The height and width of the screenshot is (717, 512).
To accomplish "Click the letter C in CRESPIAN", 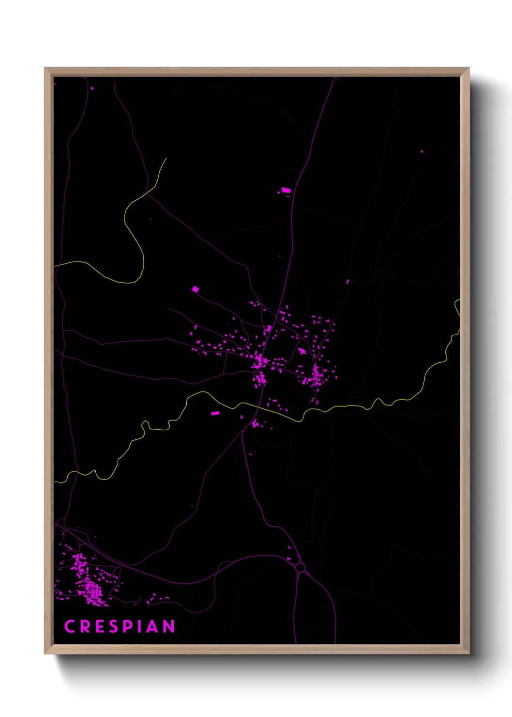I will [x=70, y=626].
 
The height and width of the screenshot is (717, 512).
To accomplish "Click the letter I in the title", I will [x=138, y=626].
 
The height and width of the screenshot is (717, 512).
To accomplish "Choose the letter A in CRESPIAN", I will [x=152, y=626].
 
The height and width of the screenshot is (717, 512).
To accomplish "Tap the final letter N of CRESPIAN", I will [x=168, y=626].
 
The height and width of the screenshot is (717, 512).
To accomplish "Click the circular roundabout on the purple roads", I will [x=300, y=567].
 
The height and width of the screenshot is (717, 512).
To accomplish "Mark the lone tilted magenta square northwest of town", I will [x=196, y=289].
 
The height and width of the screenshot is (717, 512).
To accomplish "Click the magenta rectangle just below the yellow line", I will [x=215, y=413].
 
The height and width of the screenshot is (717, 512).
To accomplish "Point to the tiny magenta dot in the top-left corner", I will [x=92, y=88].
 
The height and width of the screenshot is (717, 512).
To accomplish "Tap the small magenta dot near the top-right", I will [x=422, y=152].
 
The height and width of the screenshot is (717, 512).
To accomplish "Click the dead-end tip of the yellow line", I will [x=166, y=158].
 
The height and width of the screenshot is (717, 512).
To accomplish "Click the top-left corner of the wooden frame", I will [x=45, y=68].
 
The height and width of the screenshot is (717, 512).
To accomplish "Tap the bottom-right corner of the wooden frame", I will [x=468, y=653].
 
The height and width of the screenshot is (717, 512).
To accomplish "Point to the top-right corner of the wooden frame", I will [x=468, y=68].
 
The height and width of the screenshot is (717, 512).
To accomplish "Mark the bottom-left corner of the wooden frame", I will [x=45, y=653].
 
